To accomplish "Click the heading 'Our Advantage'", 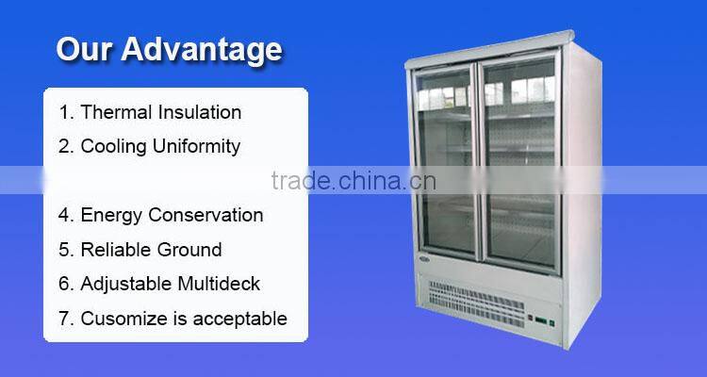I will [169, 49].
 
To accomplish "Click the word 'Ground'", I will [191, 250].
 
